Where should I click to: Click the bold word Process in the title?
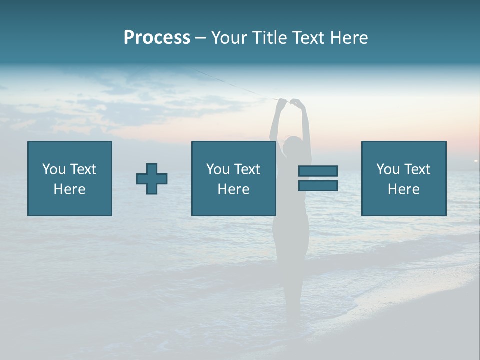[157, 38]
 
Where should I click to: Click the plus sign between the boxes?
[152, 179]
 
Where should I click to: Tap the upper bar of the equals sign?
[318, 171]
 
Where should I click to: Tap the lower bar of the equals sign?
[318, 185]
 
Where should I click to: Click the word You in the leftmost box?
[54, 169]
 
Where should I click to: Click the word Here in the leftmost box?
[69, 189]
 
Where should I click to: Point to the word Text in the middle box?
[247, 169]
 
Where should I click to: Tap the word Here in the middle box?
[233, 189]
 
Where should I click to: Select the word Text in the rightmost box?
[417, 169]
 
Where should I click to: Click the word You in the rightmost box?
[388, 169]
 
